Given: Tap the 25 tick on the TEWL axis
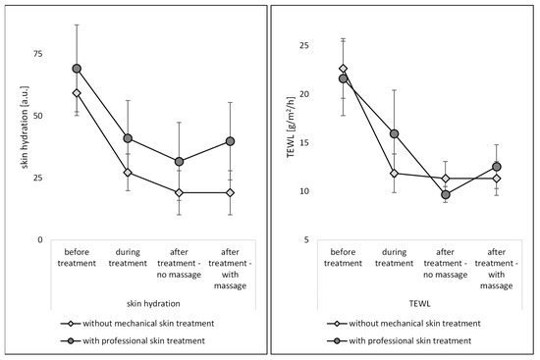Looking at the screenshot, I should click(x=303, y=45).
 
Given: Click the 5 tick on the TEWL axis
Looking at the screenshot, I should click(x=306, y=239).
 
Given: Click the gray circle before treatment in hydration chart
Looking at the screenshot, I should click(x=77, y=69).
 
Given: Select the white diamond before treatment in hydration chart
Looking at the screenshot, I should click(x=77, y=93).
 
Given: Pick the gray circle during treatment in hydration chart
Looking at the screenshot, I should click(x=128, y=138).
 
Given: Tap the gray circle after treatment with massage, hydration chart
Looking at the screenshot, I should click(x=230, y=141).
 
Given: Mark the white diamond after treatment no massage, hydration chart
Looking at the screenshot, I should click(x=179, y=192).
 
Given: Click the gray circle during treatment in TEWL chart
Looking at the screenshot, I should click(x=394, y=133).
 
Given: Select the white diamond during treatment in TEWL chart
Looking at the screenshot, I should click(x=394, y=173).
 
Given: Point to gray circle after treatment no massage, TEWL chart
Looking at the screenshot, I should click(x=445, y=194).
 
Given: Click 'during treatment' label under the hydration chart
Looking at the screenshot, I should click(x=128, y=257).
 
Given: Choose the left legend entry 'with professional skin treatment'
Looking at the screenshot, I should click(x=146, y=339).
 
